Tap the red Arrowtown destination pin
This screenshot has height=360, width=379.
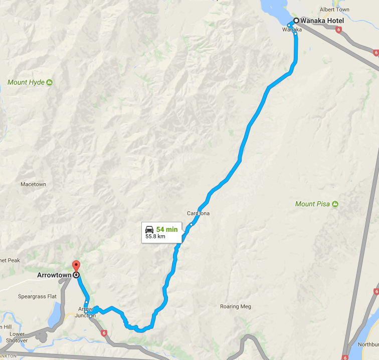click(76, 266)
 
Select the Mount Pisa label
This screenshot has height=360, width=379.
click(312, 204)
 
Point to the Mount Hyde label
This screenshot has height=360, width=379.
click(26, 82)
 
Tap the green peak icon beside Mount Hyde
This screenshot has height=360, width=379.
click(49, 82)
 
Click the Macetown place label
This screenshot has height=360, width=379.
click(33, 184)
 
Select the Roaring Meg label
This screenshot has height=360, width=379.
click(236, 306)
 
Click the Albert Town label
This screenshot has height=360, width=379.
click(334, 10)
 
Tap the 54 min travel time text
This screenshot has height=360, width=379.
click(167, 229)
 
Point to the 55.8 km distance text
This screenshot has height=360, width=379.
click(155, 236)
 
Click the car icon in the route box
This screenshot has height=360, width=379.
click(149, 229)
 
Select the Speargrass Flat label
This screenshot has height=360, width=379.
click(38, 296)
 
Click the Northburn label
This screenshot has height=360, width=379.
click(369, 344)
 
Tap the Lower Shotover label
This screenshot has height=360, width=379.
click(17, 337)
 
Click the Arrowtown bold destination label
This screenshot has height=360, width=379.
click(54, 275)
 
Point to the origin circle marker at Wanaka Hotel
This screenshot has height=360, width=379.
click(296, 21)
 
